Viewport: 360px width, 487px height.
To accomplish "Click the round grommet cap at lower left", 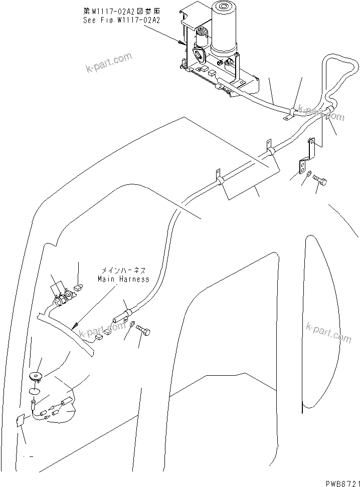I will point(36,375).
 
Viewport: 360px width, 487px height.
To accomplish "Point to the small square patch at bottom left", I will point(21,422).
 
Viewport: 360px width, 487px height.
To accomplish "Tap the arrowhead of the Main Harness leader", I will point(75,326).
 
